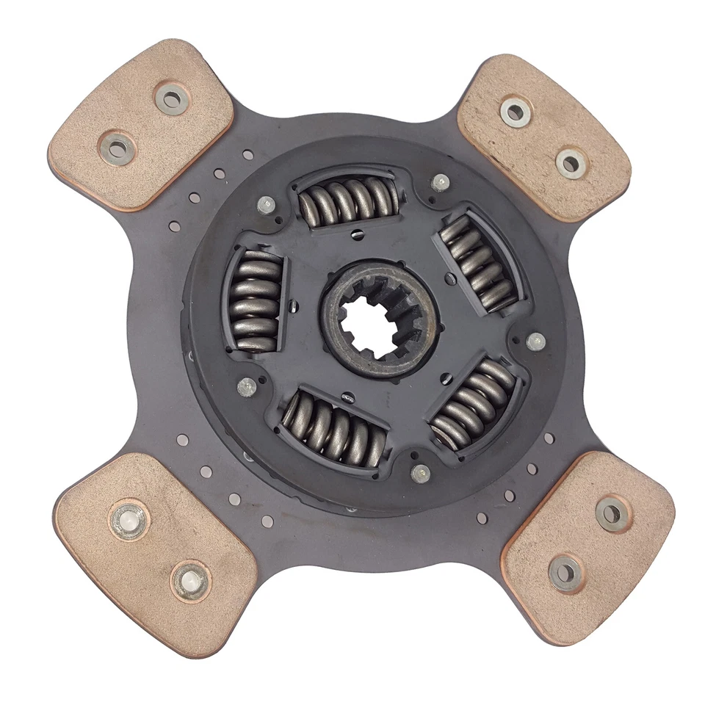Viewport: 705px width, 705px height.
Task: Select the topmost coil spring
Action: [x=347, y=198]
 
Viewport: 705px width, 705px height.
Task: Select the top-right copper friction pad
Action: [x=543, y=137]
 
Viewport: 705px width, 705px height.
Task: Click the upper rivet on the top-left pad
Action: [x=172, y=98]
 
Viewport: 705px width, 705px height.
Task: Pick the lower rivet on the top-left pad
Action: [x=117, y=148]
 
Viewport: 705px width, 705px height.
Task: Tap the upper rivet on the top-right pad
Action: [x=515, y=112]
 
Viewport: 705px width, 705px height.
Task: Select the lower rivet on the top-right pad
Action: [x=571, y=163]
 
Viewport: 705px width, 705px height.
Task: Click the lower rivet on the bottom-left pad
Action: [x=190, y=579]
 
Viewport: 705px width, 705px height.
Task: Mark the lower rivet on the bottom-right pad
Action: [x=565, y=571]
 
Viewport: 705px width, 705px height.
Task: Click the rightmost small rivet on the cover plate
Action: [x=536, y=341]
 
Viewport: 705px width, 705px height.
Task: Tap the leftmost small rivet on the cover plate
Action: [x=247, y=387]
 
